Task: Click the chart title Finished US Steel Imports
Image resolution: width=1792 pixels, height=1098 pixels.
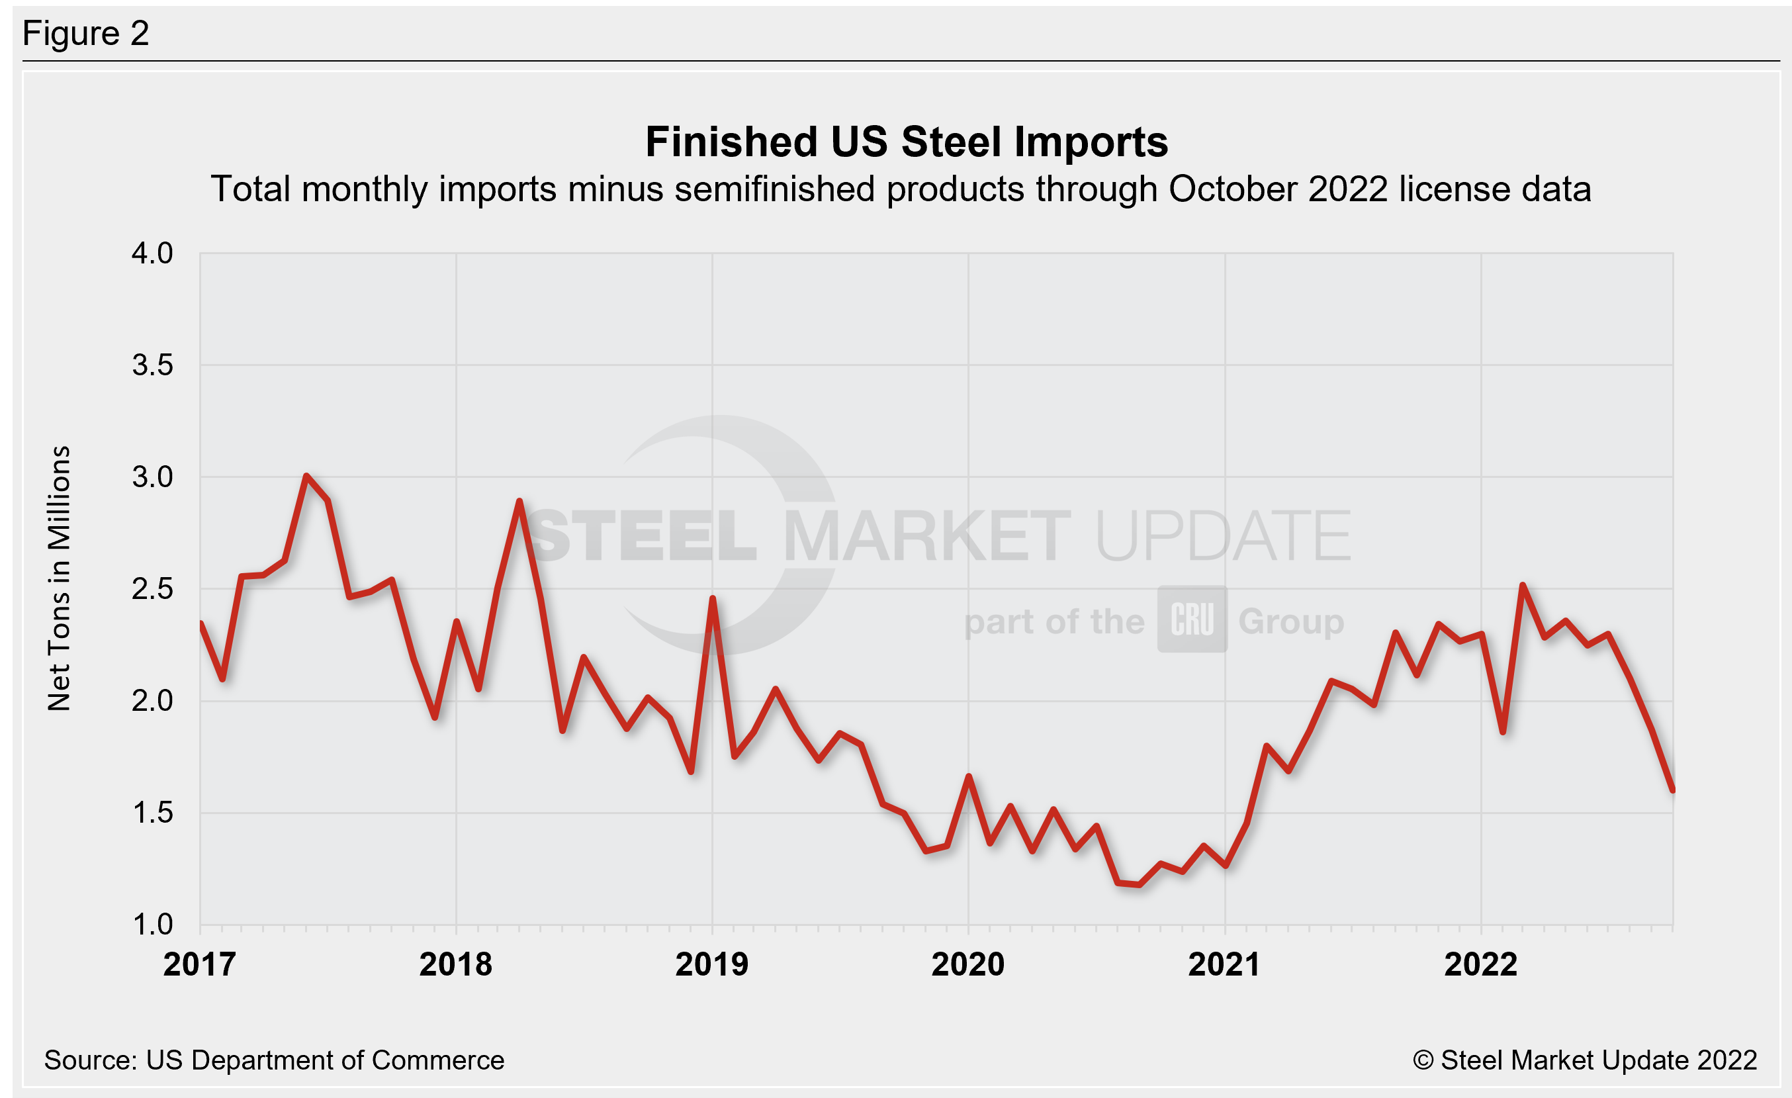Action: tap(906, 142)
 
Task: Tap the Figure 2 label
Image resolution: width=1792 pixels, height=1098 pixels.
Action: tap(86, 34)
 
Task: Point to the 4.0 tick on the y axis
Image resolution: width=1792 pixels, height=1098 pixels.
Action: tap(152, 253)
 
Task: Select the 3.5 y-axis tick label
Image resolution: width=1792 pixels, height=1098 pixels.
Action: tap(152, 365)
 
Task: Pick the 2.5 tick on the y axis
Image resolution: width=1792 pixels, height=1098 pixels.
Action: tap(152, 589)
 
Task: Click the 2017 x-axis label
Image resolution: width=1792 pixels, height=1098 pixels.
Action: tap(199, 965)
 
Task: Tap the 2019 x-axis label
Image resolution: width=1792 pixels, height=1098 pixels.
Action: tap(711, 965)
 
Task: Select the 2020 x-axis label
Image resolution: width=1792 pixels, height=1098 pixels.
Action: tap(967, 965)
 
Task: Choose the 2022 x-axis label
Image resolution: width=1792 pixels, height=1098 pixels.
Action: tap(1480, 965)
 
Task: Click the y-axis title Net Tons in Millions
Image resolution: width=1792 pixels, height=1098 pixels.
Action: tap(59, 578)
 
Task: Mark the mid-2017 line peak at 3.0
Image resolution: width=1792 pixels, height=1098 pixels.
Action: tap(306, 477)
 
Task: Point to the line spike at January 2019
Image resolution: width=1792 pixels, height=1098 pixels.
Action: tap(712, 598)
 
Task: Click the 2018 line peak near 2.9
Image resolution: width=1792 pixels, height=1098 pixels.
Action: tap(519, 501)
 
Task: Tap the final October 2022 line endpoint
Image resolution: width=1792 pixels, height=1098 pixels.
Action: tap(1672, 789)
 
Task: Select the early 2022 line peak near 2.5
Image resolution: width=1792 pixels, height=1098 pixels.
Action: tap(1522, 585)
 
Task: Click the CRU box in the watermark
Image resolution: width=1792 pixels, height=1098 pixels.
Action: tap(1192, 619)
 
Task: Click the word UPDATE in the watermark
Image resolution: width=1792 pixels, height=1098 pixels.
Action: tap(1222, 537)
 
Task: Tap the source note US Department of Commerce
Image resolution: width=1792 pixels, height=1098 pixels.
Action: tap(273, 1060)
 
